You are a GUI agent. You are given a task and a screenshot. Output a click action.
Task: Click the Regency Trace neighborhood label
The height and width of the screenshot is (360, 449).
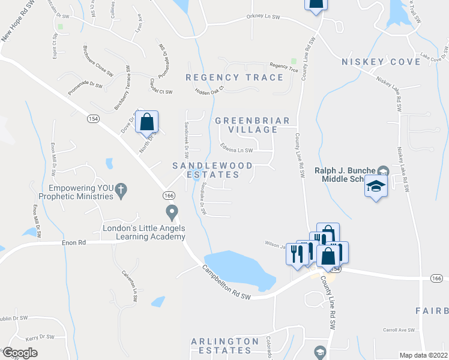pos(234,77)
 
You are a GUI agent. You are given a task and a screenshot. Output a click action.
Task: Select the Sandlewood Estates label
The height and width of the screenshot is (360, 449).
pos(212,170)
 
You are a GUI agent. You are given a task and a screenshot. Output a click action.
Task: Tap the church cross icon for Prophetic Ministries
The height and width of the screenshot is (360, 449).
pos(121,190)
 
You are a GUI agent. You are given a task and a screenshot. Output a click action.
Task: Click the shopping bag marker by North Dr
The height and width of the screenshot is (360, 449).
pos(146,122)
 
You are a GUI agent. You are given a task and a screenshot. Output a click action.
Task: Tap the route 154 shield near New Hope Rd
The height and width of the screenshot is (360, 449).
pos(94,119)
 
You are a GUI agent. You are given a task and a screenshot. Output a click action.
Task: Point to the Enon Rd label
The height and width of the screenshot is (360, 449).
pos(74,243)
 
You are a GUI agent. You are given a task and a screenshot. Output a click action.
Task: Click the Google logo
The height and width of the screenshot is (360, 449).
pos(20,353)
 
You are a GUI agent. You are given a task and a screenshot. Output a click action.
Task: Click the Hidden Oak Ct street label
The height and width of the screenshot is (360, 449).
pos(209,90)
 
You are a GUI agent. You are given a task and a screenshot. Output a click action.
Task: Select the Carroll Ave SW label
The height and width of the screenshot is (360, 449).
pos(400,330)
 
